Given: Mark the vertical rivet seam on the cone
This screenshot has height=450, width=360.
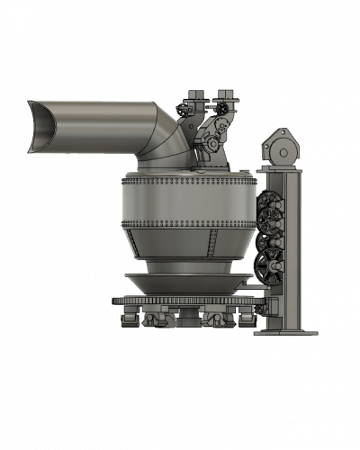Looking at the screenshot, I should click(x=212, y=243).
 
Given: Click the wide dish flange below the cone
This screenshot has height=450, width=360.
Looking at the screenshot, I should click(x=186, y=281).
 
